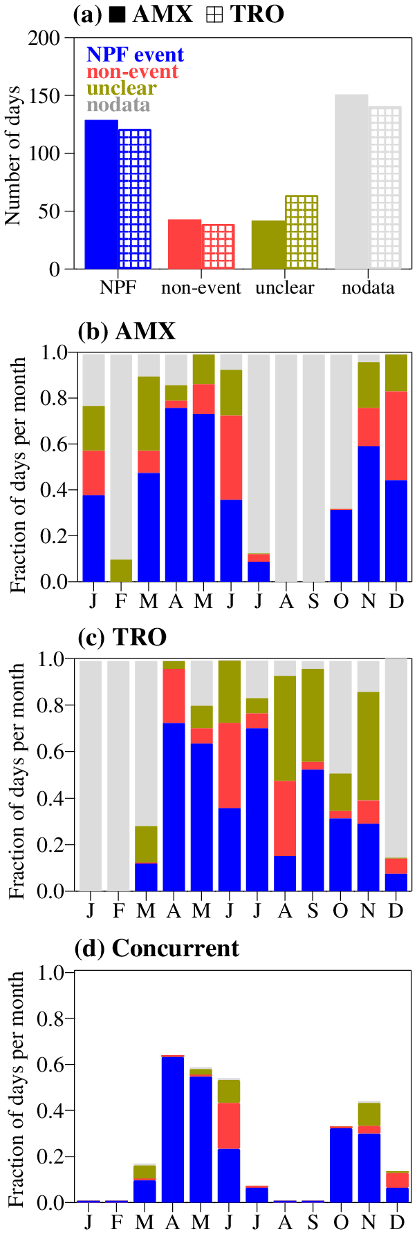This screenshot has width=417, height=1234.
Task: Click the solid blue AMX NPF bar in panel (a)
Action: [101, 194]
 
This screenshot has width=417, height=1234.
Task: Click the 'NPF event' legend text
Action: [135, 55]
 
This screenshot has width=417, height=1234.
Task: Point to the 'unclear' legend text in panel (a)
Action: [121, 88]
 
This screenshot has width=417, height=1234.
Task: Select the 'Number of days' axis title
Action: [13, 155]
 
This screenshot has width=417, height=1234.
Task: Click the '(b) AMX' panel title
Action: [127, 332]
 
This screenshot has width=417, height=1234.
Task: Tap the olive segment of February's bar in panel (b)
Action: [121, 570]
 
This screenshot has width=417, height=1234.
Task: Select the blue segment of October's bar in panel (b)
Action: [341, 545]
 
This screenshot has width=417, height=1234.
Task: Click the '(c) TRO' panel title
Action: [122, 637]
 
